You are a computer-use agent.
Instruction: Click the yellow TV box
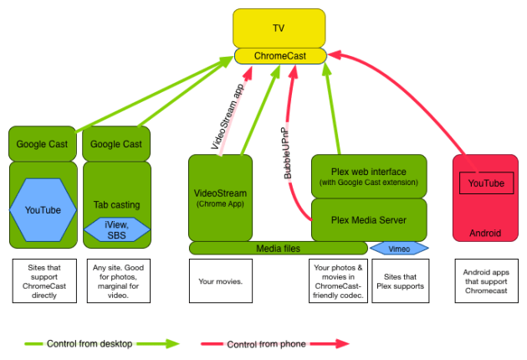pyautogui.click(x=279, y=28)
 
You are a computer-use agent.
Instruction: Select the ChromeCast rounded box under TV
pyautogui.click(x=279, y=55)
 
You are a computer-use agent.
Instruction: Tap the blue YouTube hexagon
pyautogui.click(x=42, y=209)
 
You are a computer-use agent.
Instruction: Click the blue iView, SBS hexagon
pyautogui.click(x=117, y=229)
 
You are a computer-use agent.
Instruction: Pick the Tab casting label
pyautogui.click(x=117, y=204)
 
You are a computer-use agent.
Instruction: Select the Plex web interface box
pyautogui.click(x=368, y=176)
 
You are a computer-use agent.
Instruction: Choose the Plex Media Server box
pyautogui.click(x=368, y=220)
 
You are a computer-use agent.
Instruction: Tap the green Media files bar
pyautogui.click(x=278, y=248)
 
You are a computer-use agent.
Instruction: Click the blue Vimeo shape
pyautogui.click(x=399, y=248)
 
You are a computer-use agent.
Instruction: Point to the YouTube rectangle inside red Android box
pyautogui.click(x=485, y=183)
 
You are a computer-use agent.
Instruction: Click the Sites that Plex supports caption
pyautogui.click(x=399, y=281)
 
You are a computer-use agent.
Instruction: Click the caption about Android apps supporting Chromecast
pyautogui.click(x=485, y=281)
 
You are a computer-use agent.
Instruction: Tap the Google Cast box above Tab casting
pyautogui.click(x=117, y=144)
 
